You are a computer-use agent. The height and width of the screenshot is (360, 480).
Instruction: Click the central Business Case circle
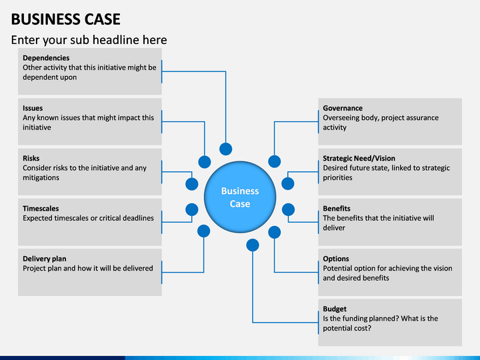point(240,197)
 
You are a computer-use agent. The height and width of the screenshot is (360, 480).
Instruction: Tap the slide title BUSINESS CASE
point(66,19)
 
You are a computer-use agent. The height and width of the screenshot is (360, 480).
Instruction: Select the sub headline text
point(89,40)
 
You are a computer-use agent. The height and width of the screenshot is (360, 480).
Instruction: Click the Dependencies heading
point(46,58)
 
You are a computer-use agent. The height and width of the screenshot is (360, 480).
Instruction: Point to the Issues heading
point(33,108)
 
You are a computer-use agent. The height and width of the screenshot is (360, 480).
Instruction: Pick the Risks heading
point(31,158)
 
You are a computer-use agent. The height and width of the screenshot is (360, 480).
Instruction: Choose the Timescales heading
point(41,209)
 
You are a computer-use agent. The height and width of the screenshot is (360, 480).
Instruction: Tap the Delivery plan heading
point(45,259)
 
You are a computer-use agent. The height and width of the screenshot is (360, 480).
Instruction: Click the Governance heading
point(343,108)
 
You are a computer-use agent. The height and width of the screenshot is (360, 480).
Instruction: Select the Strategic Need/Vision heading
point(359,158)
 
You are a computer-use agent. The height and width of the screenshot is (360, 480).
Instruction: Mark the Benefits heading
point(337,209)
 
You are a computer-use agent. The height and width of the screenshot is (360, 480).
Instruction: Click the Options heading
point(336,259)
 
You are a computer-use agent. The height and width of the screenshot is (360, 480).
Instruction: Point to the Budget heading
point(335,309)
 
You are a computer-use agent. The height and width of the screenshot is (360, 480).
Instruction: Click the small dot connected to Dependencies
point(225,149)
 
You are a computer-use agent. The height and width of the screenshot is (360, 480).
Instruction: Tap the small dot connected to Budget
point(253,245)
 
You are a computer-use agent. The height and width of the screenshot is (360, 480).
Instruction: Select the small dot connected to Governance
point(274,161)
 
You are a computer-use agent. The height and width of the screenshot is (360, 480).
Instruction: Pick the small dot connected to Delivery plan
point(203,231)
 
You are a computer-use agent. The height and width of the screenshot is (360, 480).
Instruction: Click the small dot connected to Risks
point(191,184)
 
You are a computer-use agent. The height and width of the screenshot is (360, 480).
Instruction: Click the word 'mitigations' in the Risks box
point(41,178)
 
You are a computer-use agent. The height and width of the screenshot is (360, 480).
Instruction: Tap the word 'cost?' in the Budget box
point(363,329)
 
